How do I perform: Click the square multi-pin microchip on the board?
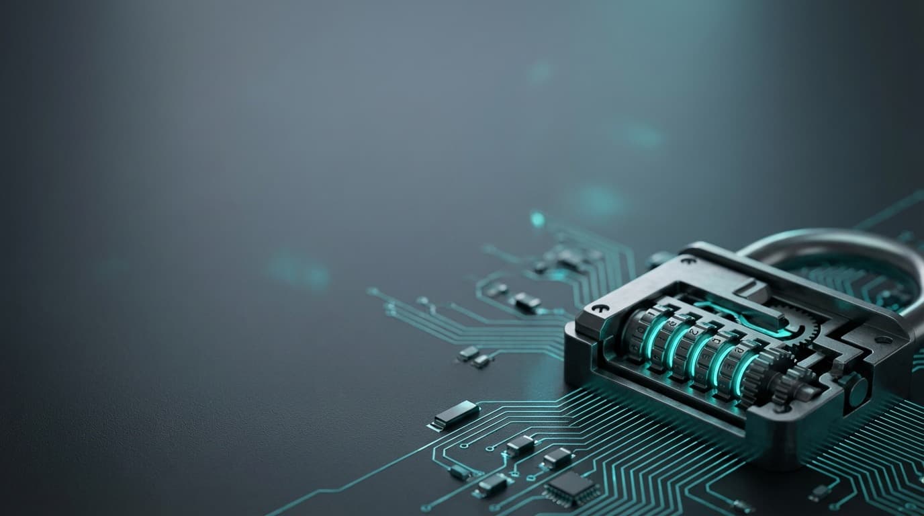click(571, 487)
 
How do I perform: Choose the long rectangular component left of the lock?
click(455, 415)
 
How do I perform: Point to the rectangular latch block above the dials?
click(753, 292)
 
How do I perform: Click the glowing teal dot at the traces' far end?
click(537, 218)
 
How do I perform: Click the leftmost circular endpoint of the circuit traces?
click(371, 292)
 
